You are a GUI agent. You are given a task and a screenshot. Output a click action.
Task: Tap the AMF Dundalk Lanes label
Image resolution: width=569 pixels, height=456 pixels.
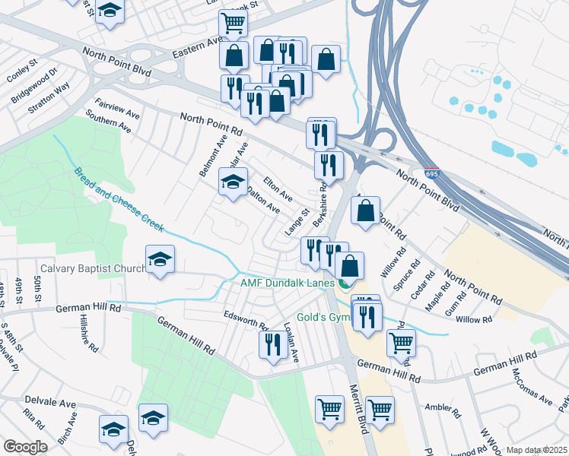tap(288, 284)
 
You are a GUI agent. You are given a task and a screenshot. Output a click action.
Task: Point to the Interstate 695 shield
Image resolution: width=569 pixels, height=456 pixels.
tap(431, 175)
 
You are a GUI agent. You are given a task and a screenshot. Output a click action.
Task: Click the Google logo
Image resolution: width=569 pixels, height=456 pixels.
tap(25, 447)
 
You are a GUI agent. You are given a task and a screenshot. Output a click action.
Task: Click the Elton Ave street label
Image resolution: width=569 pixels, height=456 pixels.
tap(278, 189)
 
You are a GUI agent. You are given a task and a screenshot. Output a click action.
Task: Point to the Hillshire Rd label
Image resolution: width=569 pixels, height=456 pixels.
tap(89, 335)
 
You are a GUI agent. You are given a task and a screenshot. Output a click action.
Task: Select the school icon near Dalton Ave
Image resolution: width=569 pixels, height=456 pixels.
tap(234, 180)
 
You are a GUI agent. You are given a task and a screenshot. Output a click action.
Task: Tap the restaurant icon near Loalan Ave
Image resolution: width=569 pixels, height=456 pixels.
tap(272, 344)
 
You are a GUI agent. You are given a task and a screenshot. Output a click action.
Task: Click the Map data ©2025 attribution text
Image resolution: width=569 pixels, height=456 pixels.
tap(536, 450)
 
